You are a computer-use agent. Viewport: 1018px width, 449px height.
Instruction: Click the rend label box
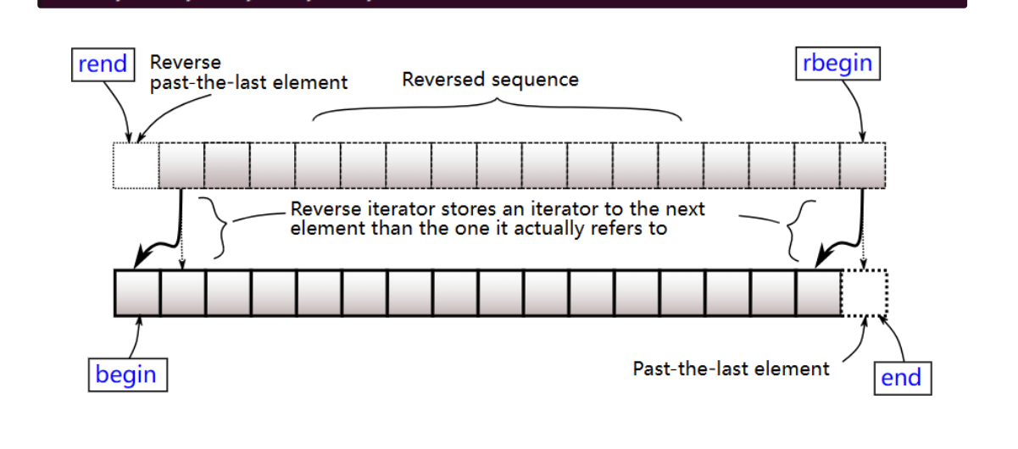103,64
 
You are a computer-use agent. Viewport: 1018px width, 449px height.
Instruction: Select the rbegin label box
837,64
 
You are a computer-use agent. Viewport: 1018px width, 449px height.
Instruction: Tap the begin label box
126,374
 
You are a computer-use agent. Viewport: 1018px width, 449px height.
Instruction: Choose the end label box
902,378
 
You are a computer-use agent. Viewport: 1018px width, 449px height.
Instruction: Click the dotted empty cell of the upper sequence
136,165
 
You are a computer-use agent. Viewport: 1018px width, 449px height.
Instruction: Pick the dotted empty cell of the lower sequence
863,292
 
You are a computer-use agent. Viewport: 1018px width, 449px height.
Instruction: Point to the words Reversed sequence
490,80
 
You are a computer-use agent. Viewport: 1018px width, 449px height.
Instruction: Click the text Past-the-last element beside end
731,369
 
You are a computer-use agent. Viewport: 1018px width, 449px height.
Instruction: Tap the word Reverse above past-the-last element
185,63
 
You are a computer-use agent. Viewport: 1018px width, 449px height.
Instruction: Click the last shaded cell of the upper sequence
862,165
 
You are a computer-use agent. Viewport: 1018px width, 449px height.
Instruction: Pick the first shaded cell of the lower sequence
137,292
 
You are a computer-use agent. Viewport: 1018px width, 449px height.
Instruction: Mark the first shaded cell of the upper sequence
181,165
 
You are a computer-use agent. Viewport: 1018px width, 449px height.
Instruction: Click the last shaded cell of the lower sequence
818,292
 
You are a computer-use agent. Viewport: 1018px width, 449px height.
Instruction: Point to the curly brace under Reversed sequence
497,106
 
